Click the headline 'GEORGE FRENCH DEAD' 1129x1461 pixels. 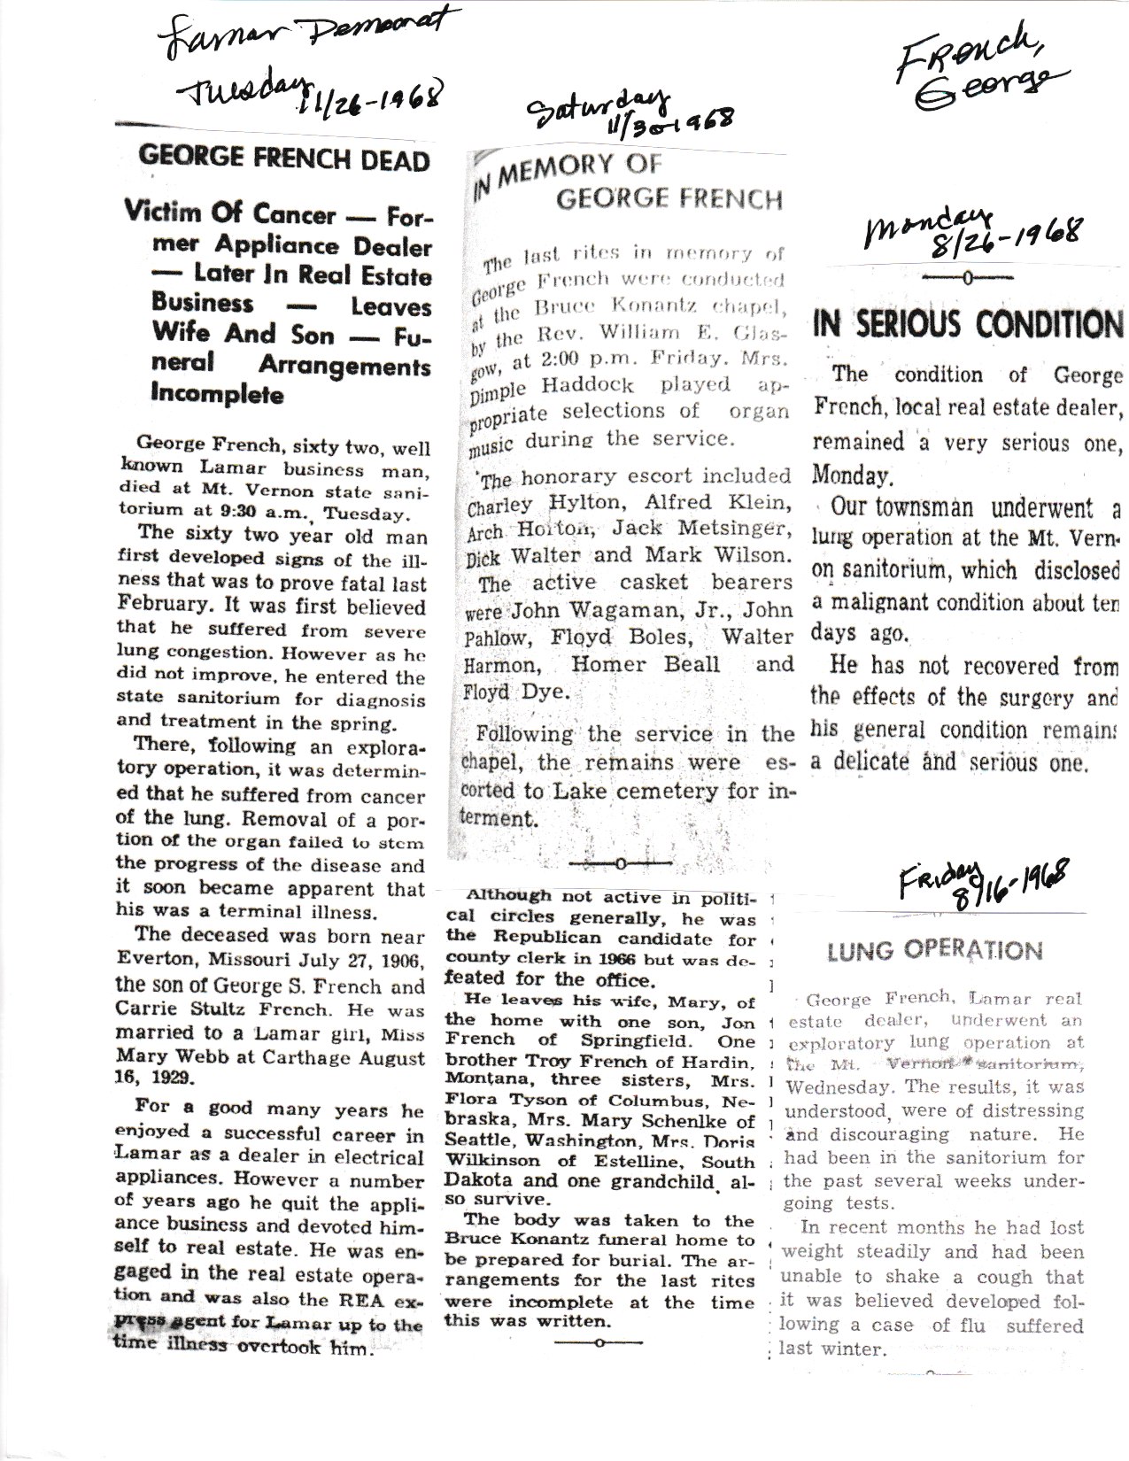click(x=284, y=161)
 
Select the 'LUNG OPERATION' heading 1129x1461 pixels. click(x=935, y=951)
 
